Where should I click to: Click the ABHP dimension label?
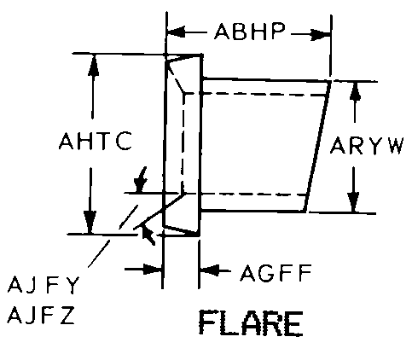click(x=249, y=31)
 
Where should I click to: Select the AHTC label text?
click(x=96, y=141)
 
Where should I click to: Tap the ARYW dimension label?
click(x=367, y=145)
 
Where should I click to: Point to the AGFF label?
click(x=276, y=273)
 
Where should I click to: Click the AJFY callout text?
click(x=44, y=285)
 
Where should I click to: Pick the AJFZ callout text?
click(x=42, y=315)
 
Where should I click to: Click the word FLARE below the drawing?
click(x=251, y=323)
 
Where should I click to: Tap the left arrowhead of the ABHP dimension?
click(x=176, y=32)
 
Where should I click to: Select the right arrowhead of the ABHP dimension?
click(x=321, y=35)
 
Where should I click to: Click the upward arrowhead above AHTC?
click(x=93, y=65)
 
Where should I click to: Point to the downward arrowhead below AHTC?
click(x=90, y=223)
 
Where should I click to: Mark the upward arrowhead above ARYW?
click(x=355, y=91)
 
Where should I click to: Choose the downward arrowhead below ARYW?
click(x=353, y=202)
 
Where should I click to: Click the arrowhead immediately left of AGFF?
click(x=210, y=270)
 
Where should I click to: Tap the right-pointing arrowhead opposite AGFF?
click(x=153, y=270)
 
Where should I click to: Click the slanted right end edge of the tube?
click(x=317, y=147)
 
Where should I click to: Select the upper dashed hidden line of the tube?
click(x=255, y=94)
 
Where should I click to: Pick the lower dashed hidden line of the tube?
click(x=245, y=195)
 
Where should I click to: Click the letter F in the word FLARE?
click(x=207, y=323)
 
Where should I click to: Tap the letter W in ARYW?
click(x=395, y=146)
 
